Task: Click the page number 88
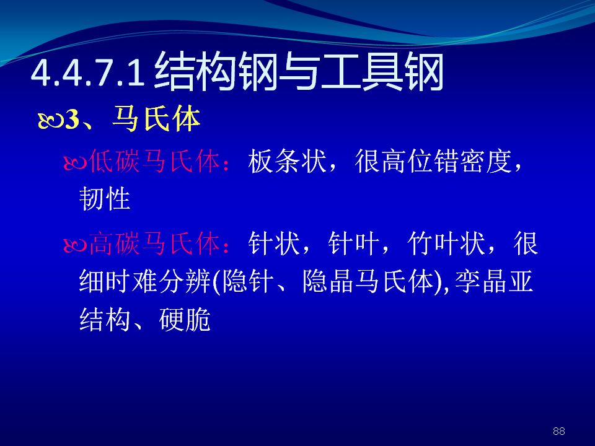(558, 431)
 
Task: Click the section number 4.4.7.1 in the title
(87, 73)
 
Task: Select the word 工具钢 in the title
(382, 72)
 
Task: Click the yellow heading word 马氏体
(156, 120)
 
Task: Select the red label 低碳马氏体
(154, 161)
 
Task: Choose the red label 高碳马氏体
(154, 243)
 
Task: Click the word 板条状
(287, 161)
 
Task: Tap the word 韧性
(105, 199)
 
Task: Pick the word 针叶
(353, 243)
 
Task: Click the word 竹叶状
(446, 243)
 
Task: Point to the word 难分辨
(171, 282)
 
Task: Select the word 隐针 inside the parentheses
(248, 282)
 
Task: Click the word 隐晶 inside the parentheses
(328, 282)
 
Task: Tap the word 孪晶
(481, 282)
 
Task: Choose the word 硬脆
(185, 320)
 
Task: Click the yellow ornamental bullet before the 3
(51, 121)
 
